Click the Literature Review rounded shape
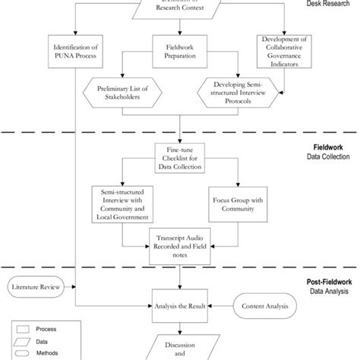38,288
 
